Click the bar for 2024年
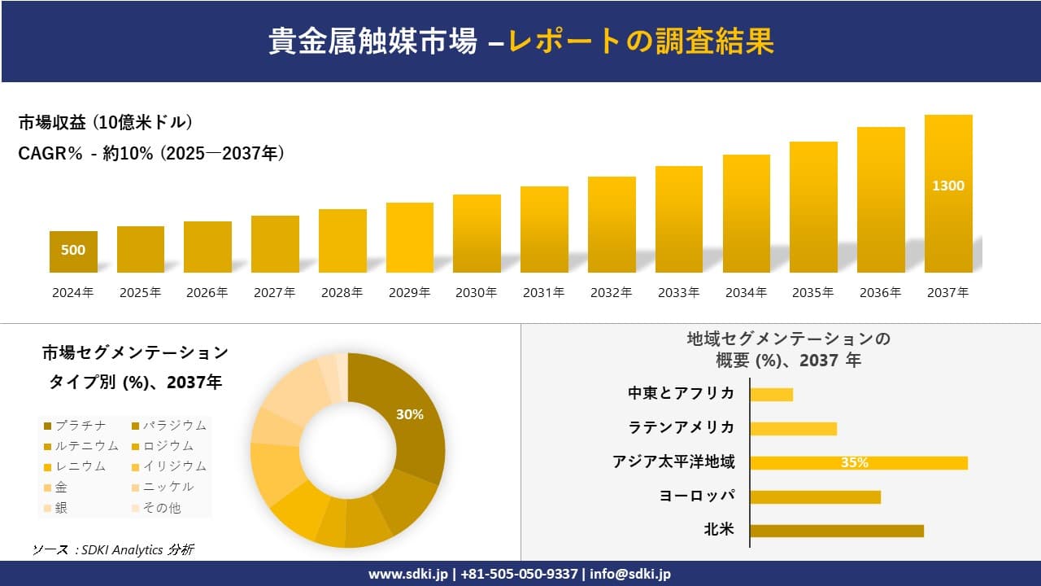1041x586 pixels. pos(73,251)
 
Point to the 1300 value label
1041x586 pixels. pos(948,186)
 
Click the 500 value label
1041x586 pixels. pos(73,250)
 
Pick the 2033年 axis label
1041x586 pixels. pos(678,293)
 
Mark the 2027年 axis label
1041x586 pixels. pos(274,293)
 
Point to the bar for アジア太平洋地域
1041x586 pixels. pos(859,463)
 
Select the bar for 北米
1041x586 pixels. pos(837,531)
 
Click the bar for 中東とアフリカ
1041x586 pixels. pos(771,395)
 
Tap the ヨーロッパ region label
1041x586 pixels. pos(697,496)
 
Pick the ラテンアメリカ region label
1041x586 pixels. pos(682,427)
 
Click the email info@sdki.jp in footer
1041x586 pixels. pos(631,574)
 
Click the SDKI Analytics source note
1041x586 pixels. pos(114,550)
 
